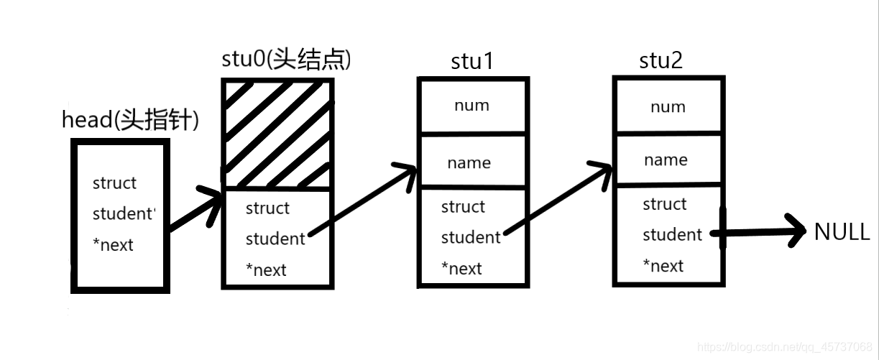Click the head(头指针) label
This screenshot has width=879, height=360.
(x=130, y=121)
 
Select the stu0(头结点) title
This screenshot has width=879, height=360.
(x=287, y=60)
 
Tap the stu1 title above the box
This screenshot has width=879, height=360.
(x=471, y=62)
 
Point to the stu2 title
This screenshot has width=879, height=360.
(x=661, y=61)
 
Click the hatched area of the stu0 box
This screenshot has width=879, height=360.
(x=277, y=133)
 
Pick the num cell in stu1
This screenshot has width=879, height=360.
(x=471, y=106)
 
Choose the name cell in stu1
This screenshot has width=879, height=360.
(x=469, y=162)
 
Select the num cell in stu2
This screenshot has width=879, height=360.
(x=667, y=107)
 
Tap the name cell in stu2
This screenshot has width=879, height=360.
(x=666, y=160)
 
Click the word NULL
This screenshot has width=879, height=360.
(x=842, y=232)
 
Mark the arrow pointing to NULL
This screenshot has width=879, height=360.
(x=762, y=232)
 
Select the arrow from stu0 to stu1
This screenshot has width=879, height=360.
(x=363, y=201)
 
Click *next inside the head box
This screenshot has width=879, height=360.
(x=113, y=245)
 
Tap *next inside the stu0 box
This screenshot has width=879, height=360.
(x=266, y=270)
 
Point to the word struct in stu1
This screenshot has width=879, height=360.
(x=463, y=207)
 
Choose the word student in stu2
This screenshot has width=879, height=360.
(x=672, y=234)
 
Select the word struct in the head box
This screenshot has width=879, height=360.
(x=114, y=183)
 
